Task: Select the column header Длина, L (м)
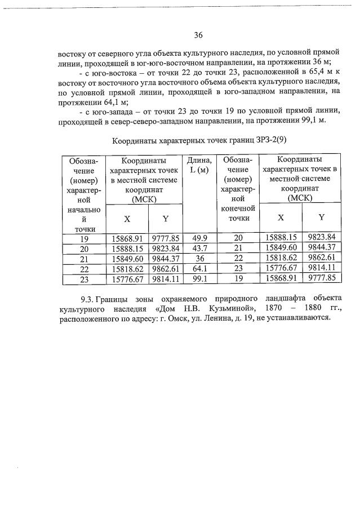tap(198, 165)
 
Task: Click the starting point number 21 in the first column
tap(84, 258)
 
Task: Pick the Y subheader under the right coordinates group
tap(321, 217)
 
